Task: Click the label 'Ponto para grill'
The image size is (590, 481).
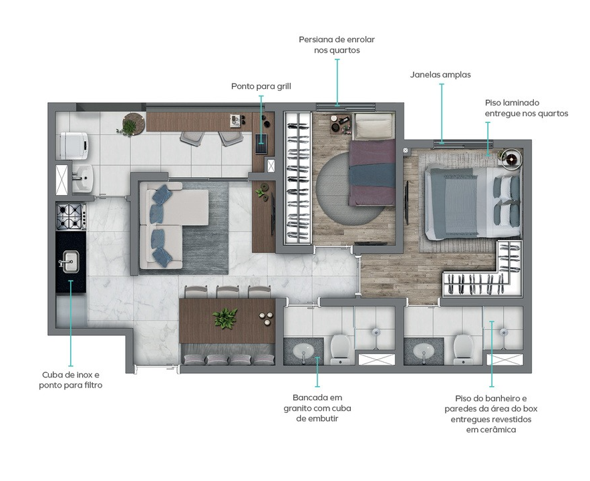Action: (x=261, y=86)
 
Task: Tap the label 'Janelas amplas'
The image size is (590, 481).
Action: (x=440, y=74)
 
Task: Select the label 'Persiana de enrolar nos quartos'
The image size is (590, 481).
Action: (x=337, y=45)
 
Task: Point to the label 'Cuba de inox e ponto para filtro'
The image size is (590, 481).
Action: (x=71, y=380)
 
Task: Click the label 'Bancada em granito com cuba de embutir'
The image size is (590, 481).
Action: (x=317, y=408)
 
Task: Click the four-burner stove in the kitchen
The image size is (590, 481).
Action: (x=71, y=216)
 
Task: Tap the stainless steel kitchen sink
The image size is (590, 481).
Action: (x=69, y=262)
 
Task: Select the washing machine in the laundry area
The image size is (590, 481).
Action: (x=74, y=146)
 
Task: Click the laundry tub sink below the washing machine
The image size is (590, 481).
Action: (x=82, y=178)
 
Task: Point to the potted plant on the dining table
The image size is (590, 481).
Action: (x=225, y=318)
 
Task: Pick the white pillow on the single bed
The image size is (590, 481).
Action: (x=374, y=127)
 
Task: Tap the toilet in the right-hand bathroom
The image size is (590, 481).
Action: (x=463, y=349)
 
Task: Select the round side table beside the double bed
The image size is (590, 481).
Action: (x=511, y=159)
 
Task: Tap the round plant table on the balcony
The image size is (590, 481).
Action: (x=133, y=124)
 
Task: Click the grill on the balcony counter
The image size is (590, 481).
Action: (x=261, y=143)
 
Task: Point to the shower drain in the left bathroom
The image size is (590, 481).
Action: (x=376, y=332)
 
